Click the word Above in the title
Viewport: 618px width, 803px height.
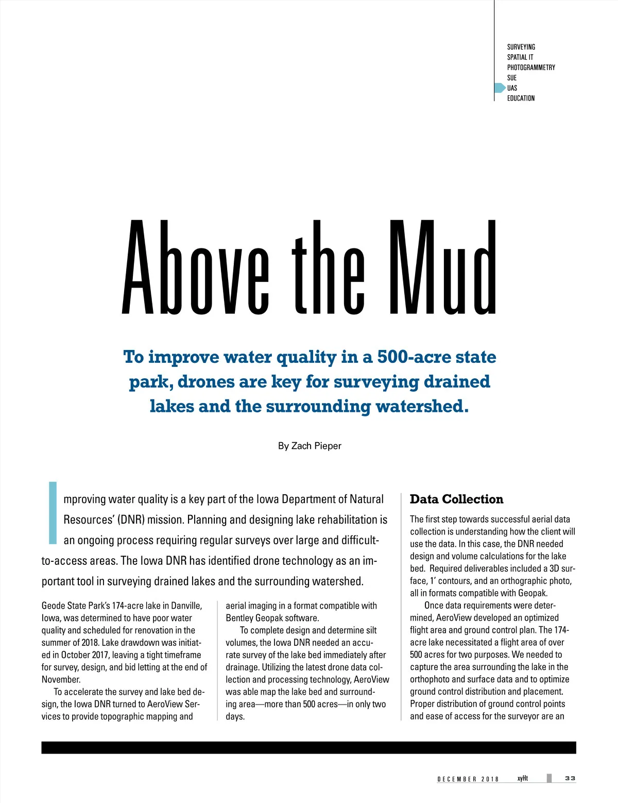(x=196, y=268)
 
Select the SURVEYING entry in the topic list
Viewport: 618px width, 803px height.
(x=521, y=47)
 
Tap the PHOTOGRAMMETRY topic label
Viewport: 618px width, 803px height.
(x=531, y=68)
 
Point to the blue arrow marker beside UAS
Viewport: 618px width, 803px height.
(x=500, y=88)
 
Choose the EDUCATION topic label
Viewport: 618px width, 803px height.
(x=521, y=98)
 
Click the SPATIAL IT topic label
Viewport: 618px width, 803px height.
(x=520, y=57)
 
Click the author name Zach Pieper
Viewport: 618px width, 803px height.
(x=316, y=446)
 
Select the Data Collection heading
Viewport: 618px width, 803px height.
(x=456, y=499)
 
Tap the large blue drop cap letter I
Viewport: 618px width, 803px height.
(x=52, y=513)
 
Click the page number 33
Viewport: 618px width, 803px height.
(x=570, y=778)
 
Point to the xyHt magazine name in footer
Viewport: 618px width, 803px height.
(x=523, y=778)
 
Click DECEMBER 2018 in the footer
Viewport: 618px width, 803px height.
(x=468, y=779)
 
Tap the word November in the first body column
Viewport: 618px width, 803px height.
(x=61, y=679)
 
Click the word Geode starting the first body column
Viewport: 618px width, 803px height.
(x=53, y=606)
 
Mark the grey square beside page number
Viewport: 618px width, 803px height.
(x=549, y=778)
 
